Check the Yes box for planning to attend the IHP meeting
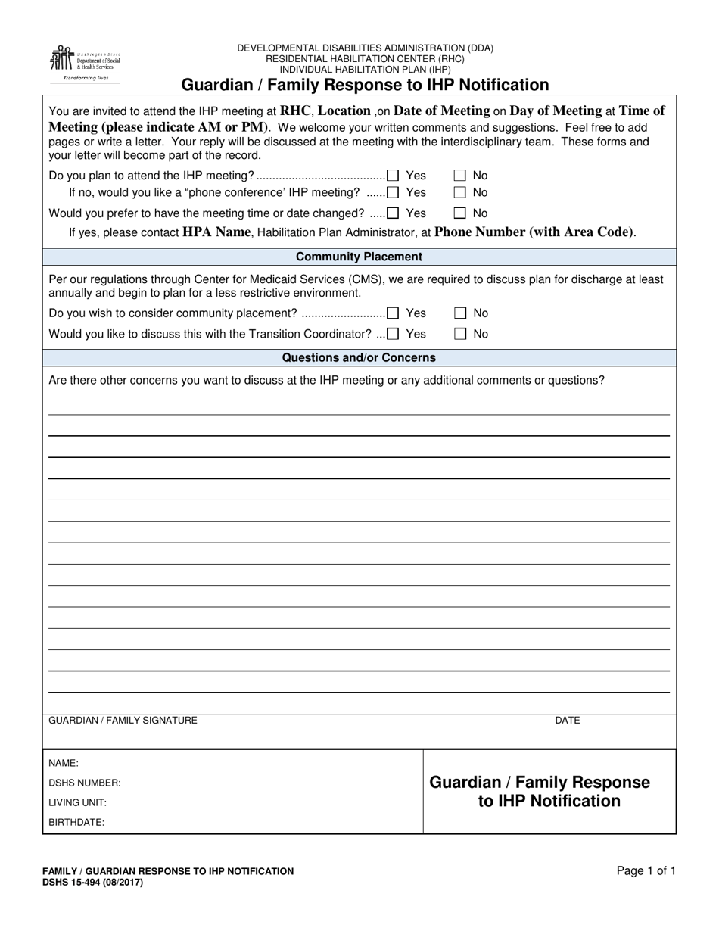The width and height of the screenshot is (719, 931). [x=393, y=176]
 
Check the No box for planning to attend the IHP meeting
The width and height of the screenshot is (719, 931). [x=459, y=176]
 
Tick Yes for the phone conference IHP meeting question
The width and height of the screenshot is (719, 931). [x=393, y=193]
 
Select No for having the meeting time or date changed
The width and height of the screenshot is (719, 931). [x=459, y=213]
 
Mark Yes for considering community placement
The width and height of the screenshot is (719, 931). [x=393, y=313]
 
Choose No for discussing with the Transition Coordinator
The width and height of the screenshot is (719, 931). [x=459, y=334]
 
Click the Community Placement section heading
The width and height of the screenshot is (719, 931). [x=359, y=257]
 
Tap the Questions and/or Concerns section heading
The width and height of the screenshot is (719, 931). [x=359, y=357]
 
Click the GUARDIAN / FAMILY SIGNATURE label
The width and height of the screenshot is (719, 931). [x=123, y=721]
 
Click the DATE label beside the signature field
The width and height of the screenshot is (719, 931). [x=567, y=721]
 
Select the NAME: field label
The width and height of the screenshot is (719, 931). [x=64, y=764]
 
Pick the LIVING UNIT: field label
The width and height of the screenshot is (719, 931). [x=77, y=802]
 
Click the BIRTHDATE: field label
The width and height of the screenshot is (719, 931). [x=76, y=822]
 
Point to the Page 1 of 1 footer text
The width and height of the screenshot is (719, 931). [x=646, y=871]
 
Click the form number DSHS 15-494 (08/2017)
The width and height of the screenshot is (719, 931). [x=92, y=882]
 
